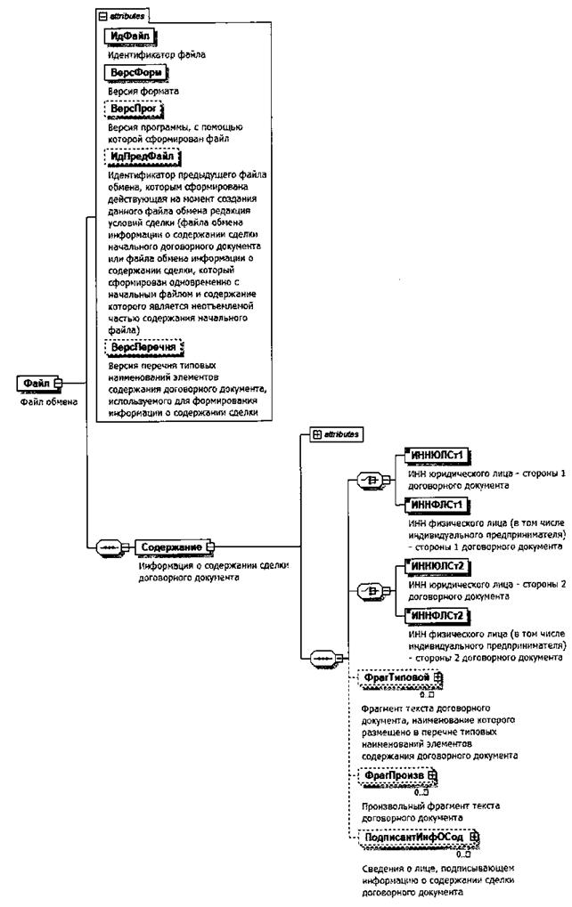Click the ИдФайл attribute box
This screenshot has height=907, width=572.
[x=130, y=36]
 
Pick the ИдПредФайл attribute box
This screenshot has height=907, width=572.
[x=143, y=157]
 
